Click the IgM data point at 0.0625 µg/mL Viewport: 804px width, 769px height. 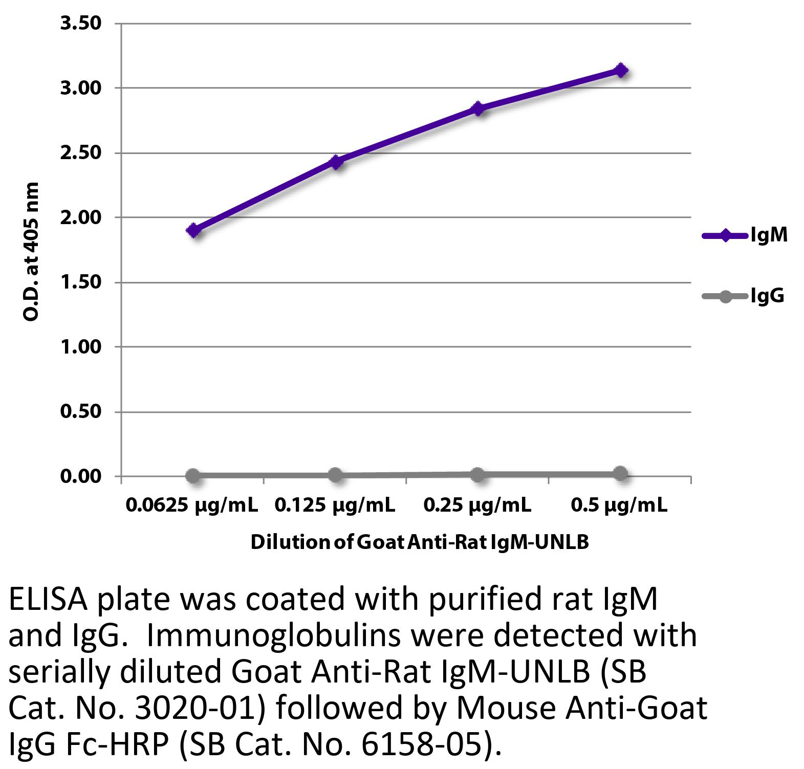pyautogui.click(x=193, y=230)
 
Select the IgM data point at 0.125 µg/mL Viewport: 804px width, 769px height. pyautogui.click(x=336, y=162)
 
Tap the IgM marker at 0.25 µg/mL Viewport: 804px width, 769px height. pyautogui.click(x=479, y=108)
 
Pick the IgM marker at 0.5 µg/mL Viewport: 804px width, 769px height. pyautogui.click(x=621, y=70)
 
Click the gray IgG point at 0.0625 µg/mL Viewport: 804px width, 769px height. pyautogui.click(x=193, y=476)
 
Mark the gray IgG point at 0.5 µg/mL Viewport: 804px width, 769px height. pyautogui.click(x=620, y=473)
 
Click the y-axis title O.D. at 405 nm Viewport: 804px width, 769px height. pyautogui.click(x=31, y=251)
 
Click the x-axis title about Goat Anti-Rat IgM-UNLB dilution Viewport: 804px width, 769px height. pyautogui.click(x=420, y=542)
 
